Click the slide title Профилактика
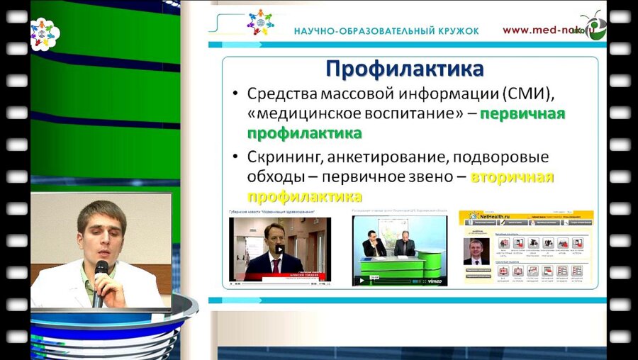click(x=405, y=69)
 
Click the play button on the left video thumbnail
click(x=280, y=249)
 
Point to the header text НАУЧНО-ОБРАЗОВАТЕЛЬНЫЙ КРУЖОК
click(x=386, y=31)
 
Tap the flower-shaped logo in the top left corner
click(x=45, y=33)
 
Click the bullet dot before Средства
click(x=235, y=94)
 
